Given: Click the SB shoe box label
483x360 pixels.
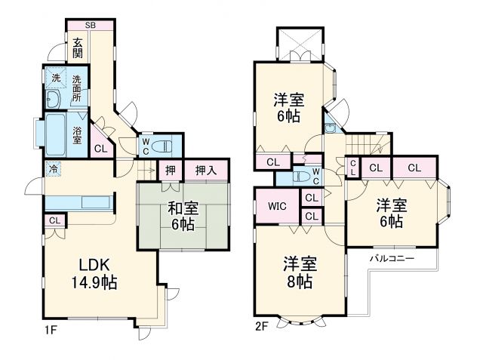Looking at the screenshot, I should (91, 25).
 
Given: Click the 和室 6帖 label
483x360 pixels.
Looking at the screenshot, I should (182, 217).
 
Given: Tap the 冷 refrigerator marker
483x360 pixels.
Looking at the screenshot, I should (54, 169).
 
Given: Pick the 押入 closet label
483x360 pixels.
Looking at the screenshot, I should (205, 171).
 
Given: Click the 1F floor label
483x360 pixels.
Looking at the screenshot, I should (50, 329).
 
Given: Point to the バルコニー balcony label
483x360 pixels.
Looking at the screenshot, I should (390, 259).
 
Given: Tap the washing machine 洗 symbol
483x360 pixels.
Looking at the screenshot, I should (55, 78).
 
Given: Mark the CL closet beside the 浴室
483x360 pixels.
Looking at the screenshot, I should (100, 148).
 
